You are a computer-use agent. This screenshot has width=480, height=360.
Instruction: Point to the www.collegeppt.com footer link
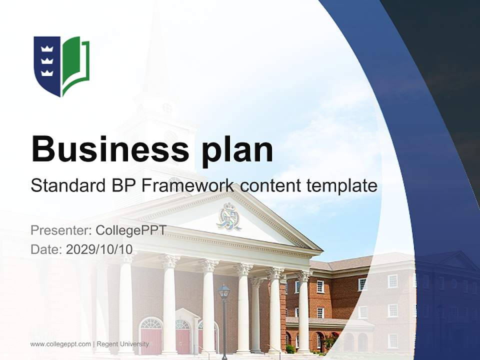click(60, 344)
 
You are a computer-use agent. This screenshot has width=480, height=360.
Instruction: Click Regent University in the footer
click(122, 344)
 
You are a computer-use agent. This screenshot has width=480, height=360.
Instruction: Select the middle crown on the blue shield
click(46, 60)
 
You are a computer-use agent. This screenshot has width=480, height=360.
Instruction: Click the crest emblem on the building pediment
click(228, 216)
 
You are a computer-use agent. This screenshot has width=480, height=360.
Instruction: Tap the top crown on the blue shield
click(46, 48)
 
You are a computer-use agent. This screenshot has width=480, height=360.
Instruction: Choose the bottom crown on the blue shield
click(46, 72)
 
